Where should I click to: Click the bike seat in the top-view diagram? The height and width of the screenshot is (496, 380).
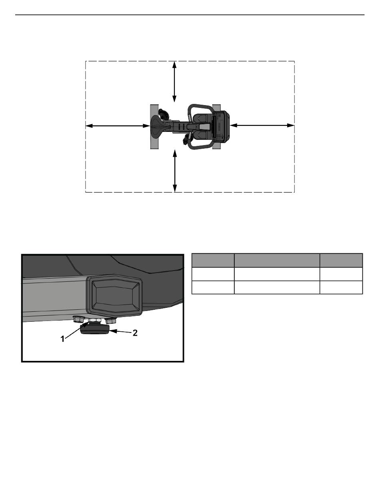[x=159, y=126]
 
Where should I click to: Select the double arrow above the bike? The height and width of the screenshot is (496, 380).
[x=174, y=82]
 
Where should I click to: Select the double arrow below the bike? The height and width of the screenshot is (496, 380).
[x=175, y=171]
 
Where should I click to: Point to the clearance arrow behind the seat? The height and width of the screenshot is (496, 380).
[x=118, y=126]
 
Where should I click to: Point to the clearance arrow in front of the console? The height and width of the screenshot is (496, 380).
[x=262, y=125]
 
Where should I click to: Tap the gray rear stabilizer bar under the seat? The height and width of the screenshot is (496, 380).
[x=154, y=127]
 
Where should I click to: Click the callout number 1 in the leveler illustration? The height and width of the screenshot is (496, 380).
[x=62, y=339]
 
